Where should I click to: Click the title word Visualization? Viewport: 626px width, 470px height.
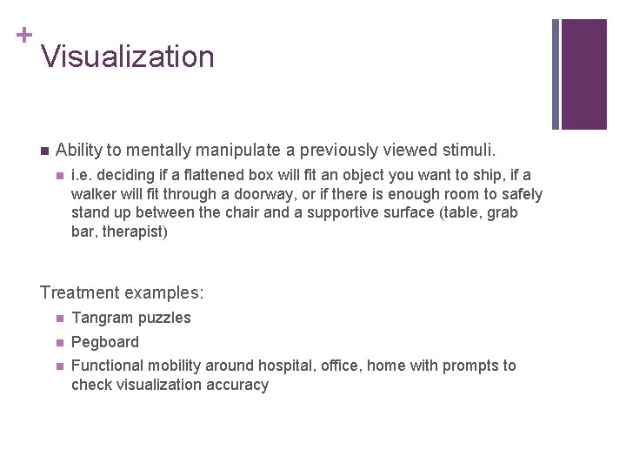127,57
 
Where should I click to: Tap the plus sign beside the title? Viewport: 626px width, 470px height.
23,35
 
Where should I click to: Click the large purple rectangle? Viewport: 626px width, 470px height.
583,74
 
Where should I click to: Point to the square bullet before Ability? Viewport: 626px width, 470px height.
44,151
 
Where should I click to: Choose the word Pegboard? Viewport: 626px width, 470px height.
104,342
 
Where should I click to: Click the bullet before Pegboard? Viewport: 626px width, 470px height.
58,342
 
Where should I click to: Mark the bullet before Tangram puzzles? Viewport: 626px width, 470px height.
58,318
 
